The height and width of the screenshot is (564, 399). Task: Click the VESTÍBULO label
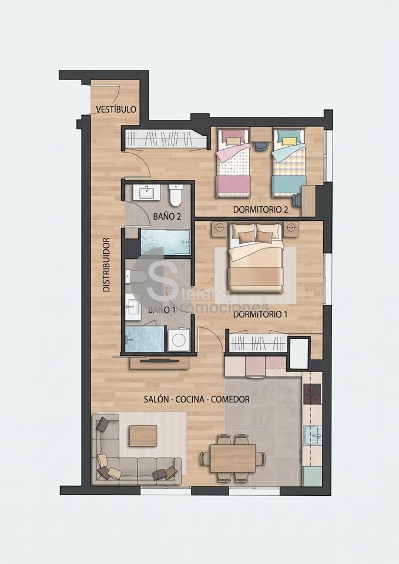coord(116,109)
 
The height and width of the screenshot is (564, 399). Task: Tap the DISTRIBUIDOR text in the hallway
coord(106,264)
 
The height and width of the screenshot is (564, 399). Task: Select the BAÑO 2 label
coord(166,217)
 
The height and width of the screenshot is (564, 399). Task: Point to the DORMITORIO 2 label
coord(260,209)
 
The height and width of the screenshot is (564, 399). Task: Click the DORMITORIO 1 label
coord(260,315)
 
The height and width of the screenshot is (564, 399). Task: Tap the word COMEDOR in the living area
coord(230,399)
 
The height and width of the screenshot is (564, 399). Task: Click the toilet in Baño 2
coord(176,195)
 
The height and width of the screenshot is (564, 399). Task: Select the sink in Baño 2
coord(147,193)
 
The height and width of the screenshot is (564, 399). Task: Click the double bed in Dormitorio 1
coord(256,258)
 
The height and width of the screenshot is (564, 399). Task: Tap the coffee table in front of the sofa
coord(143,435)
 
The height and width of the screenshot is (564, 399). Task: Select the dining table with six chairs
coord(233,458)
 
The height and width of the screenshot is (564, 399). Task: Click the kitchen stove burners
coord(312,394)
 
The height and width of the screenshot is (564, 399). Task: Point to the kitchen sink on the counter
coord(312,435)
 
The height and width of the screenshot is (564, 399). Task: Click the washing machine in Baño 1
coord(179,340)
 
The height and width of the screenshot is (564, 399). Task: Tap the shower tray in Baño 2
coord(165,242)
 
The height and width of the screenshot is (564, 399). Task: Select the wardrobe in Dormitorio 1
coord(259,344)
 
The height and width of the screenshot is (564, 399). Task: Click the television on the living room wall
coord(159,360)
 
